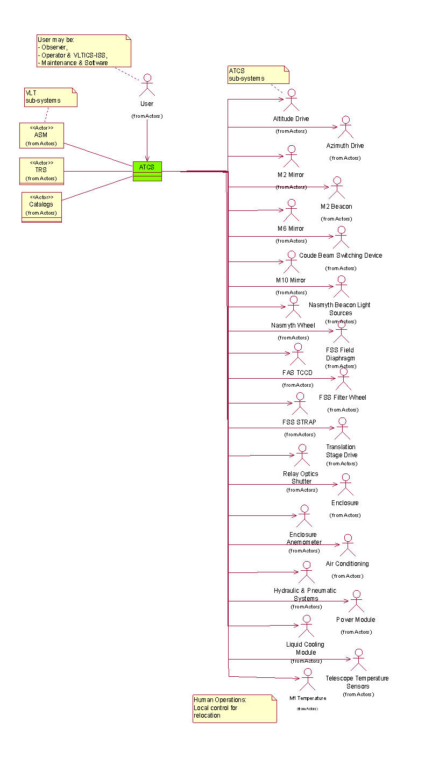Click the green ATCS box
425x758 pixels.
[147, 171]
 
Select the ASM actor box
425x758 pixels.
[41, 135]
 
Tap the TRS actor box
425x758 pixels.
[41, 171]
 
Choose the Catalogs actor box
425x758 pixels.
[41, 207]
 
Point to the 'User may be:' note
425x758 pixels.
[83, 51]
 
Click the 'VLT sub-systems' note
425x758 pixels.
[51, 97]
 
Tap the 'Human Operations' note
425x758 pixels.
[235, 708]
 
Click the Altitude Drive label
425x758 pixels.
[291, 118]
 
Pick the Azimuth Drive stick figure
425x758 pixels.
[345, 127]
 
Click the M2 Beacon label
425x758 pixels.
[336, 207]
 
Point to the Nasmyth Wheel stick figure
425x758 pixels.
[293, 307]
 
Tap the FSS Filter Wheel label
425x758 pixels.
[342, 398]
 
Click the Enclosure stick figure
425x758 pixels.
[345, 485]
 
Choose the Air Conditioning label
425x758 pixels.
[348, 564]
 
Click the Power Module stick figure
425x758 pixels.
[356, 601]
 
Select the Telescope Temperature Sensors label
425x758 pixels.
[357, 682]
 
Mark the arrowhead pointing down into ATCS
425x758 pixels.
[147, 158]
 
